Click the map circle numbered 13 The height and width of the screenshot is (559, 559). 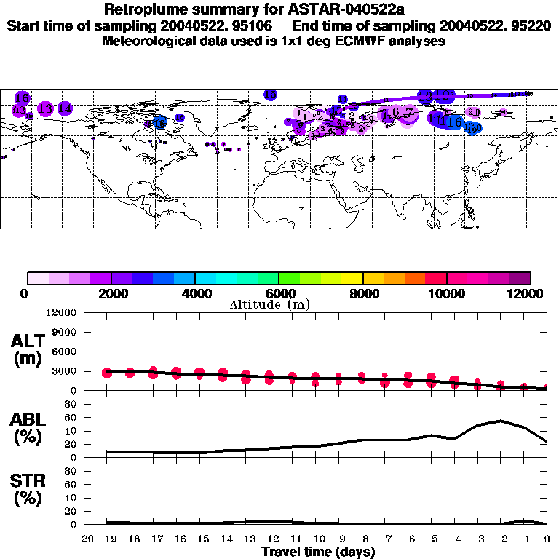click(45, 108)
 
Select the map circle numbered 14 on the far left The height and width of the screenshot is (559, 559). click(65, 108)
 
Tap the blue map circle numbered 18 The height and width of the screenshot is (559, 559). click(159, 123)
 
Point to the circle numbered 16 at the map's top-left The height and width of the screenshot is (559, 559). click(22, 98)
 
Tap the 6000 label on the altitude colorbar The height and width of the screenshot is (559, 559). click(279, 293)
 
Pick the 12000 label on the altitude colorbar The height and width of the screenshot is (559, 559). click(530, 293)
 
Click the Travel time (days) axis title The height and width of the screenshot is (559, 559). click(318, 552)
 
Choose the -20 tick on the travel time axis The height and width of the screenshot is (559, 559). click(84, 539)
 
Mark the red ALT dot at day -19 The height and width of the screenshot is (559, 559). click(108, 373)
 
